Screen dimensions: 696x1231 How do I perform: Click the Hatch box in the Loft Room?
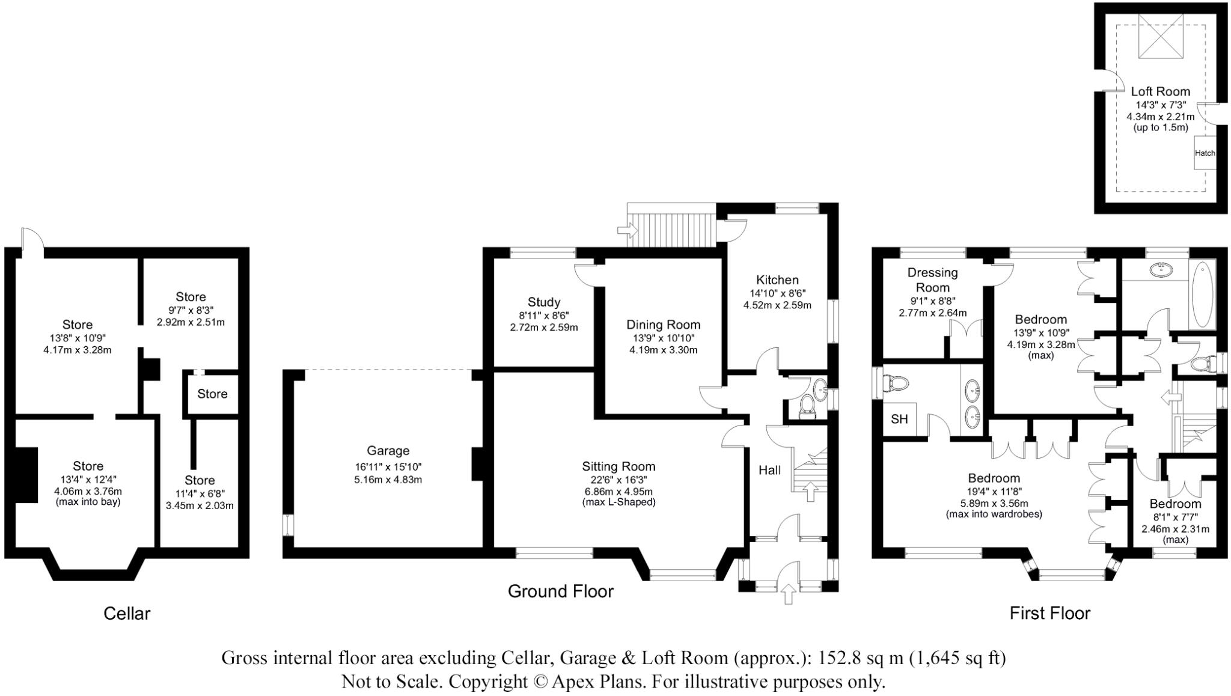(x=1205, y=153)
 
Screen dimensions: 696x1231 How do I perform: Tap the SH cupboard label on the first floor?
(x=899, y=419)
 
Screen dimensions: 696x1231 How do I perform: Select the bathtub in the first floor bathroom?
(x=1203, y=294)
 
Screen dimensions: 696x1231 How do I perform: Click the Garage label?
(x=388, y=451)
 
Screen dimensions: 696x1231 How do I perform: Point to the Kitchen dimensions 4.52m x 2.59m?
(x=777, y=305)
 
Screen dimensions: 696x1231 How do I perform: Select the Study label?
(x=543, y=302)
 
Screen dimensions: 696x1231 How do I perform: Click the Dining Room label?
(x=663, y=325)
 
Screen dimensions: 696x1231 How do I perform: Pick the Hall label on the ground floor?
(x=769, y=470)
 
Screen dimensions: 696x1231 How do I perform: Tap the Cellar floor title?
(x=127, y=613)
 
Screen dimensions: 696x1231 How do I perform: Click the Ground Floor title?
(x=560, y=591)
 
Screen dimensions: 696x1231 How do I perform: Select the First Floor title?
(x=1049, y=613)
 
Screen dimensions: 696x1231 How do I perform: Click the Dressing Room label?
(x=932, y=280)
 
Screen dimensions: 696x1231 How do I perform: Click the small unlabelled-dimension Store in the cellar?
(x=212, y=394)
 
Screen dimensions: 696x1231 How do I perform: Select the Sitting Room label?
(x=618, y=466)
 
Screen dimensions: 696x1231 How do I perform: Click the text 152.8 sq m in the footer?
(x=858, y=658)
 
